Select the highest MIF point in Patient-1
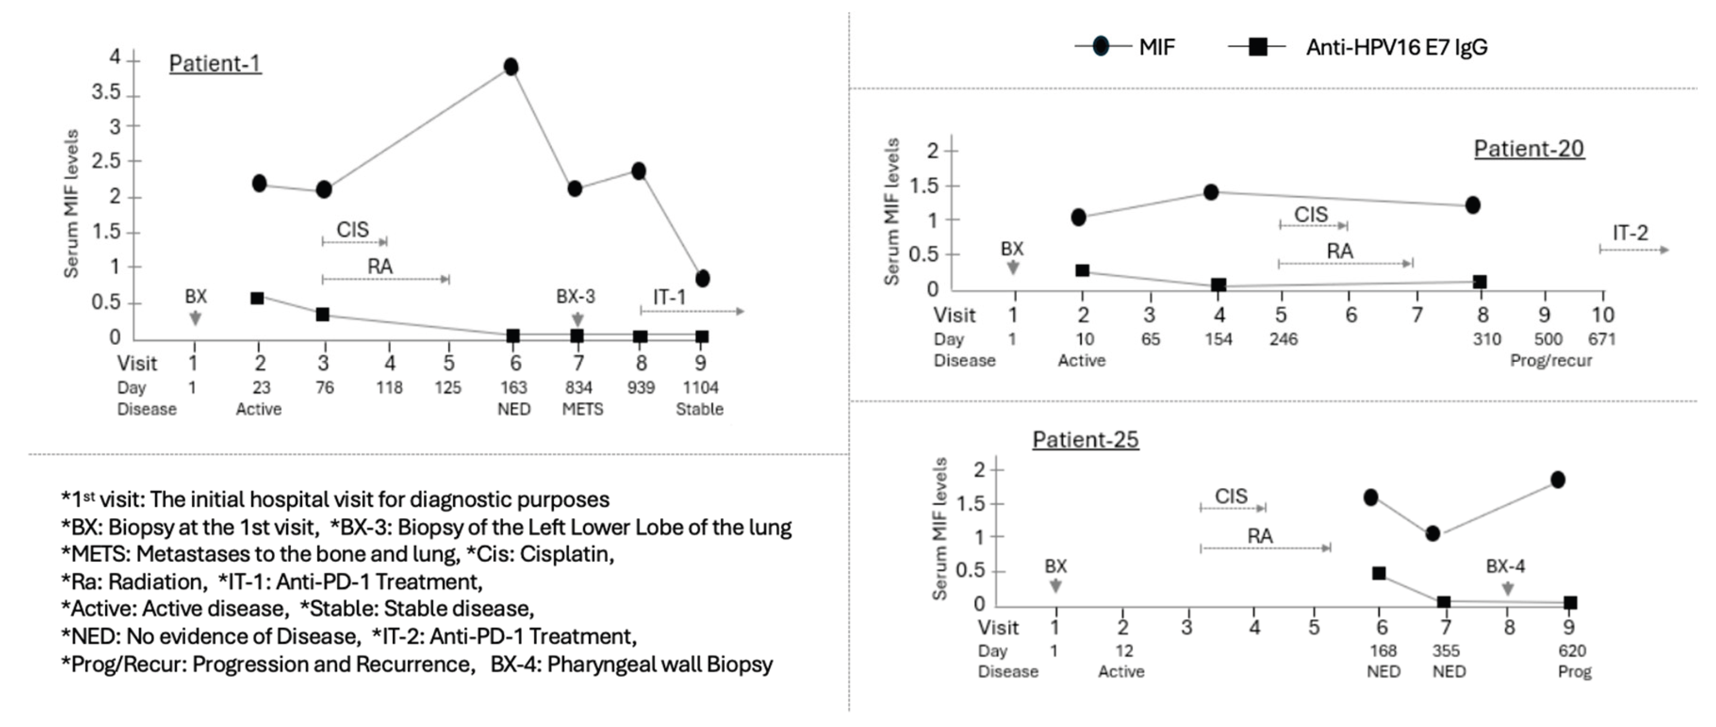point(511,67)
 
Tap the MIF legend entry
point(1157,47)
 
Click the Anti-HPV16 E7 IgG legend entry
point(1396,47)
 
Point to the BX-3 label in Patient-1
point(576,297)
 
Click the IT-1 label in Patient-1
point(669,297)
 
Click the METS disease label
point(582,408)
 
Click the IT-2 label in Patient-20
point(1629,233)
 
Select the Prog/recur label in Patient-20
point(1550,361)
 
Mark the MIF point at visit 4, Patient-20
point(1211,192)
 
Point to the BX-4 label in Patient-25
point(1506,566)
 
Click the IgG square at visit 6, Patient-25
point(1379,573)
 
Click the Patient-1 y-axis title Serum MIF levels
point(71,203)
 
